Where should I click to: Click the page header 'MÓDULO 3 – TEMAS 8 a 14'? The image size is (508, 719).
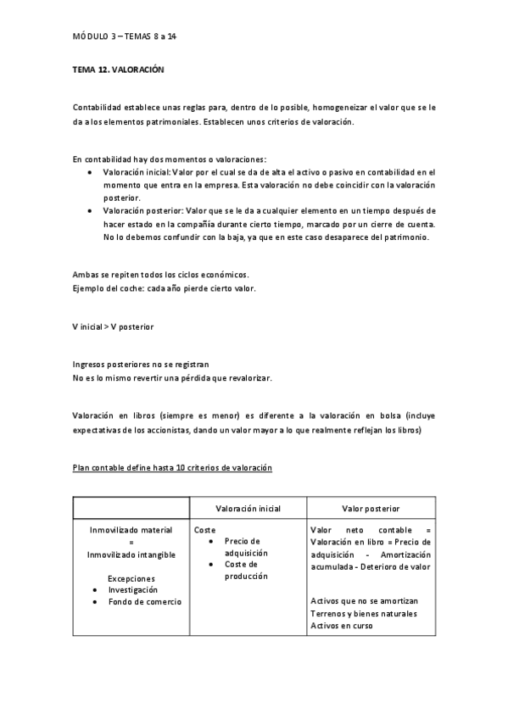click(125, 37)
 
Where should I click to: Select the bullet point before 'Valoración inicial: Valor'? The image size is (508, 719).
click(91, 171)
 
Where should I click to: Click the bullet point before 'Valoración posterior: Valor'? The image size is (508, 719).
click(91, 209)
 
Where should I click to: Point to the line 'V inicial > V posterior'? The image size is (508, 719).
click(114, 326)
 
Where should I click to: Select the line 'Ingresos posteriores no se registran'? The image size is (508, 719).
click(141, 364)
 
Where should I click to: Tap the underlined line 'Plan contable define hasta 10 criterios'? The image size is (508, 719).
click(172, 467)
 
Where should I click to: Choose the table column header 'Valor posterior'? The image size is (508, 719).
click(371, 509)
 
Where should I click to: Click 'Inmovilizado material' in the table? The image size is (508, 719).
click(131, 530)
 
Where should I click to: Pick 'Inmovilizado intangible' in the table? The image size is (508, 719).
click(131, 555)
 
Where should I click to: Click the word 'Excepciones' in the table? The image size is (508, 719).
click(131, 578)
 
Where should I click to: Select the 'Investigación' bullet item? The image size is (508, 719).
click(133, 589)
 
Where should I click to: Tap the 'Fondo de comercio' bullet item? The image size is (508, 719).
click(144, 601)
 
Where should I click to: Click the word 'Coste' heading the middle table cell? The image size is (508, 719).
click(204, 530)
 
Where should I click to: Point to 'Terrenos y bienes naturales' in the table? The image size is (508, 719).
click(364, 614)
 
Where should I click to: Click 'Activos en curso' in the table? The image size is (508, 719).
click(342, 626)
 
